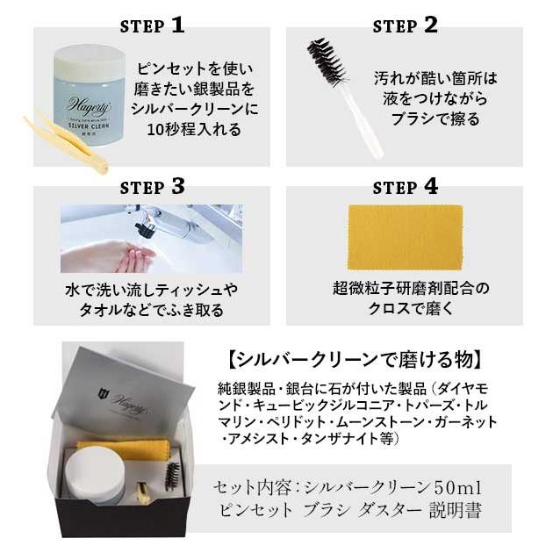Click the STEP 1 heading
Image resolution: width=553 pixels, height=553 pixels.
(152, 25)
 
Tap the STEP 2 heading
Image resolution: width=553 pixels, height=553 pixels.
(406, 25)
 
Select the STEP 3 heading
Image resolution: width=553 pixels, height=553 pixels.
(152, 186)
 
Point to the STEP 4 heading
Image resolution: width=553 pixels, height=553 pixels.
(406, 186)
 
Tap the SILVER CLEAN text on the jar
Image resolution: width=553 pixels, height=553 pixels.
(89, 126)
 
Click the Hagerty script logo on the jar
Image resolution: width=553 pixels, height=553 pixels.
(88, 106)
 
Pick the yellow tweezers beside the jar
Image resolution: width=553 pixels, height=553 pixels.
(67, 142)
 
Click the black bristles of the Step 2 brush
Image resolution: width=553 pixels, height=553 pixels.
(327, 61)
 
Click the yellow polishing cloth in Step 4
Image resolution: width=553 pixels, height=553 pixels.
(406, 237)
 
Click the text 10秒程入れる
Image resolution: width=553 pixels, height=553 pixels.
(194, 130)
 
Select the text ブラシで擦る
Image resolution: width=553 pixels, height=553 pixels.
(435, 118)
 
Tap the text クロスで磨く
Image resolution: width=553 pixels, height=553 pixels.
(411, 309)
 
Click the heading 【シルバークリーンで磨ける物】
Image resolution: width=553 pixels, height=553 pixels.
(355, 360)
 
